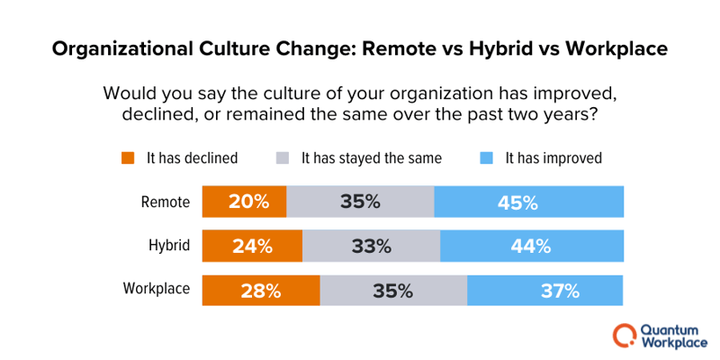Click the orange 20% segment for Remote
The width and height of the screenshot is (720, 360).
244,202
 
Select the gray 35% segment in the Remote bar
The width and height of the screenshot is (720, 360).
360,202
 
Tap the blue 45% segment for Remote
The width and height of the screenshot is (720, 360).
528,202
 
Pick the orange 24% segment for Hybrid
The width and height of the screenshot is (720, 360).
252,246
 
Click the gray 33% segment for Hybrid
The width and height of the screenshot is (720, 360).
371,246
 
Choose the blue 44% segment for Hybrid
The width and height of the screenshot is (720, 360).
532,246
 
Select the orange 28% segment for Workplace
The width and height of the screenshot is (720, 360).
261,290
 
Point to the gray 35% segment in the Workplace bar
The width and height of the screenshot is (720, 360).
393,290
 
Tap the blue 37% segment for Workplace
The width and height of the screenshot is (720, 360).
545,290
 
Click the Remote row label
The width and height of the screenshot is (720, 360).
166,202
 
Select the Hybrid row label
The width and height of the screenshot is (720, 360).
168,246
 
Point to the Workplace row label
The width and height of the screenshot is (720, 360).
157,290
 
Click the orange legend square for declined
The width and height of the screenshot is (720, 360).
127,158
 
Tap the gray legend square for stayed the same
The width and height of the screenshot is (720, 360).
282,158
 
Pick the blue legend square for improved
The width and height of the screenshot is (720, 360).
486,158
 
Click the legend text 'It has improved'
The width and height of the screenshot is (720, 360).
553,158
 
